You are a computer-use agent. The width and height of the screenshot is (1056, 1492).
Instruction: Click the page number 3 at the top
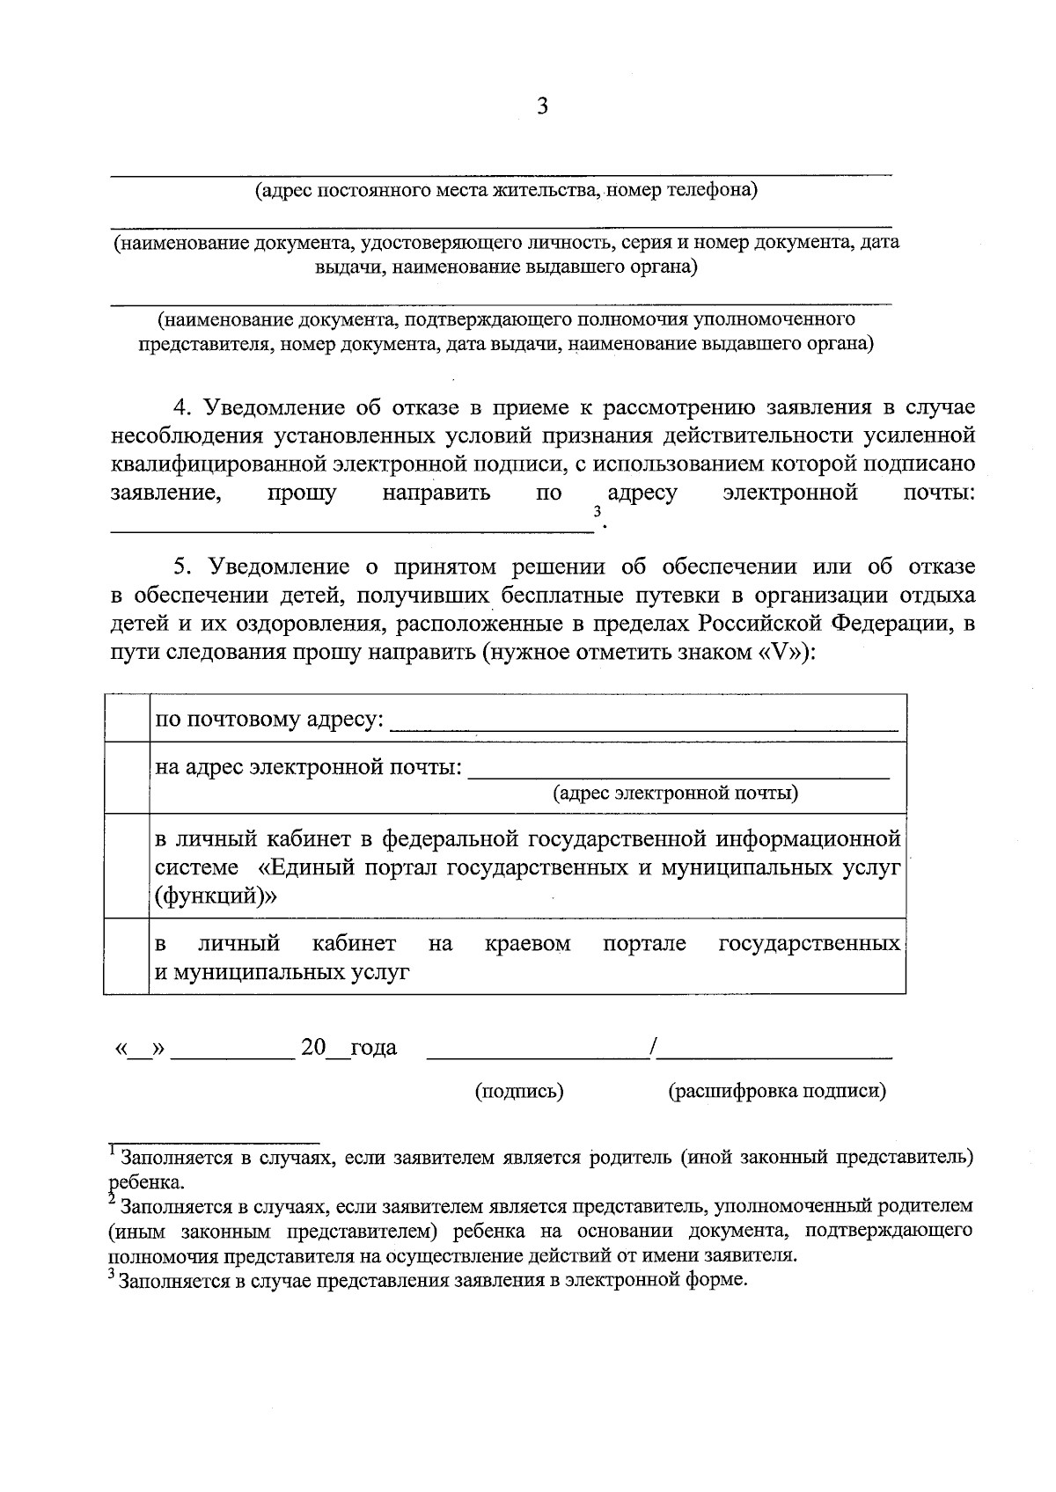click(541, 106)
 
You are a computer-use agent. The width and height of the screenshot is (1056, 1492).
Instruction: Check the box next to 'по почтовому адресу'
click(127, 719)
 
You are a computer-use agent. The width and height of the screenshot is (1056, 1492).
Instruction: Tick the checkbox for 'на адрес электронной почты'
click(127, 778)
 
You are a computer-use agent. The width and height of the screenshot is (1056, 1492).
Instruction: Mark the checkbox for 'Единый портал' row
click(127, 867)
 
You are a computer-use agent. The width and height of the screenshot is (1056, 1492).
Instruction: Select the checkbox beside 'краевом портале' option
click(127, 957)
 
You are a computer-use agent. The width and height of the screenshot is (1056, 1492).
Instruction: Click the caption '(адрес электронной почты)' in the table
click(675, 794)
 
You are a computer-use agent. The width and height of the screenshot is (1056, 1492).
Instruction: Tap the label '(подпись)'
click(519, 1092)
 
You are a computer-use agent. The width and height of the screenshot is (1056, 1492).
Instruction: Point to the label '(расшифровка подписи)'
click(776, 1092)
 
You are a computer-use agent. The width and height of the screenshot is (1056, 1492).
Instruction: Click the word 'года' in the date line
click(373, 1048)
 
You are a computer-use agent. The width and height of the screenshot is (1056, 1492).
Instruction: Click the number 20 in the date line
click(313, 1047)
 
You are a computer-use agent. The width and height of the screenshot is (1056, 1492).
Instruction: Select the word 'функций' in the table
click(216, 896)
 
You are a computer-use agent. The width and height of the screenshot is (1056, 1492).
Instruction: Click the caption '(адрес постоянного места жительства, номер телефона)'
click(506, 190)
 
